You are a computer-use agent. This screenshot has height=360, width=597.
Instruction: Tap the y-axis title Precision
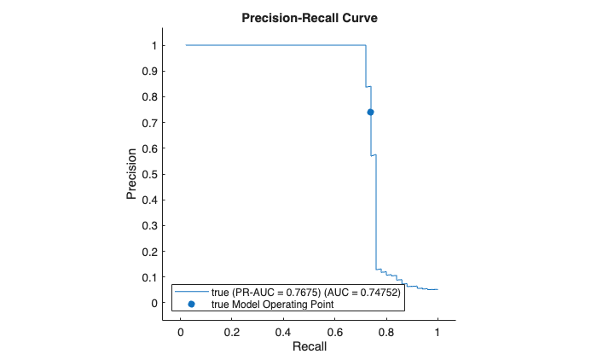click(x=131, y=176)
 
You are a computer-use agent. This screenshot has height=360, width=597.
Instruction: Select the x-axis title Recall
click(x=309, y=347)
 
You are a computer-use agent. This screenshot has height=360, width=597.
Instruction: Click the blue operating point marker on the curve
click(x=371, y=112)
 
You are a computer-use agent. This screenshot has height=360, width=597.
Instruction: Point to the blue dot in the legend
click(x=191, y=304)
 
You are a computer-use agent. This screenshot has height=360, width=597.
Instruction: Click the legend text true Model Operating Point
click(x=272, y=304)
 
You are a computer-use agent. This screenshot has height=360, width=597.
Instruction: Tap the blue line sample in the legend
click(x=191, y=292)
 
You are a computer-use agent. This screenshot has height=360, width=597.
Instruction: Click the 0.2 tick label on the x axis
click(x=231, y=331)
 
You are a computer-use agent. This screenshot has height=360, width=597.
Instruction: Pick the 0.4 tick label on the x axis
click(x=283, y=331)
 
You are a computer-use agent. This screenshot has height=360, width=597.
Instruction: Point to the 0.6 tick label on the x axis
click(x=334, y=331)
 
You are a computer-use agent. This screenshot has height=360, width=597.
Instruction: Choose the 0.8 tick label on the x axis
click(x=386, y=331)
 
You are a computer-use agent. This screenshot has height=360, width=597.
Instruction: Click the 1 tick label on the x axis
click(x=438, y=331)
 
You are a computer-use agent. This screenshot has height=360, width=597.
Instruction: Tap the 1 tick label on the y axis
click(x=154, y=45)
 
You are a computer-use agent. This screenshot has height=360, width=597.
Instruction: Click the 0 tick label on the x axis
click(x=180, y=331)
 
